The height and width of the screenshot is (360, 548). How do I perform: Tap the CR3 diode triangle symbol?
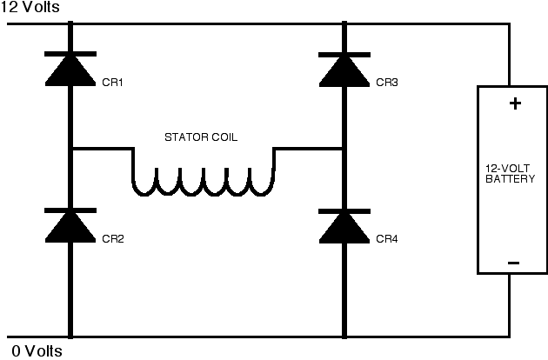click(344, 72)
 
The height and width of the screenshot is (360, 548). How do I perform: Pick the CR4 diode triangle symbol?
click(344, 229)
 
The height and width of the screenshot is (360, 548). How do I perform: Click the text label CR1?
click(112, 83)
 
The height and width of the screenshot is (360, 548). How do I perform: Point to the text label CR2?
click(113, 239)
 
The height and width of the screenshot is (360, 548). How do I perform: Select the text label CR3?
click(387, 83)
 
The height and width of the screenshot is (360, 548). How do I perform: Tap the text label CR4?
click(387, 239)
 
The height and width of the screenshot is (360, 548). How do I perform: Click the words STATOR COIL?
click(201, 137)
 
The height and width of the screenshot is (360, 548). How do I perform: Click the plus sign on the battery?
click(515, 103)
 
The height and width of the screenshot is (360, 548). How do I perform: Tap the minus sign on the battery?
click(513, 263)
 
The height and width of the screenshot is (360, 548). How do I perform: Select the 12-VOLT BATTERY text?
click(510, 174)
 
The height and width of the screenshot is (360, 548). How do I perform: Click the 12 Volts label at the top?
click(30, 7)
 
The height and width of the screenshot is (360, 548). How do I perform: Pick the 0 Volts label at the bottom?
click(37, 351)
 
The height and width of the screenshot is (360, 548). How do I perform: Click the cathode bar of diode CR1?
click(70, 54)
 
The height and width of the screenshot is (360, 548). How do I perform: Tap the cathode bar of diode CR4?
click(344, 211)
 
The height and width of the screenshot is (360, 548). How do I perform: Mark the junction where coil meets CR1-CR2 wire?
click(70, 149)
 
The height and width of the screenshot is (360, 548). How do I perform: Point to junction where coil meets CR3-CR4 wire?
click(344, 149)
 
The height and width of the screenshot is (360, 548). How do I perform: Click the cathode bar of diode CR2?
click(70, 210)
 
